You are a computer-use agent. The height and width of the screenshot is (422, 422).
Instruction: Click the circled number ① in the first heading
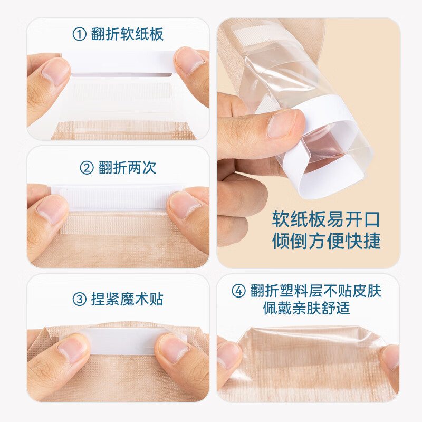click(x=79, y=35)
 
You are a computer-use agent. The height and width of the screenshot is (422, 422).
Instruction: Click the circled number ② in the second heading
click(x=86, y=168)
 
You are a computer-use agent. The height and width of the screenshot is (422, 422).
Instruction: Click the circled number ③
click(x=79, y=300)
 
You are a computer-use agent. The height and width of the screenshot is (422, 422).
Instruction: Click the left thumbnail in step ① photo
click(x=55, y=71)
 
